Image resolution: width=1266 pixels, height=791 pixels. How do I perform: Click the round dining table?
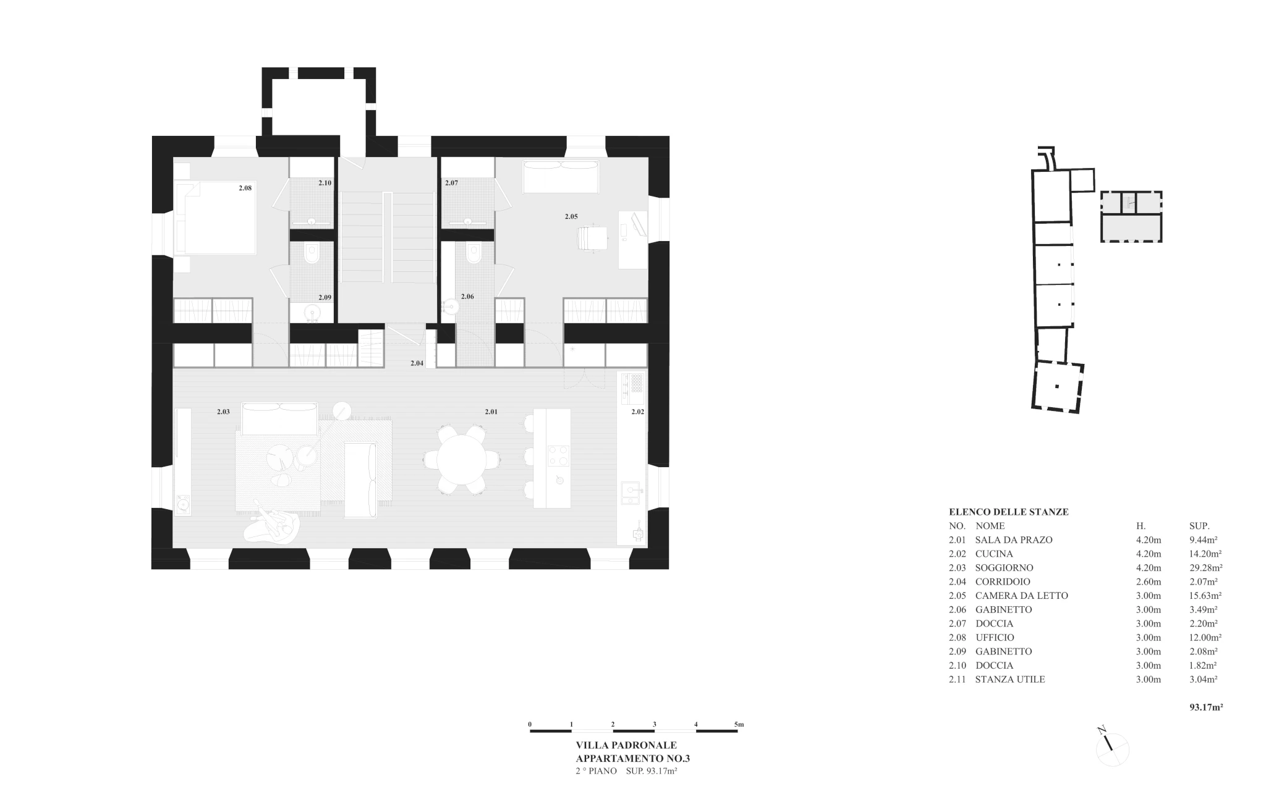point(462,460)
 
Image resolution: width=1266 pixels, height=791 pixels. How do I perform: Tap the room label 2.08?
point(245,188)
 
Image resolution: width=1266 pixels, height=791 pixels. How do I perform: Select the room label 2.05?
point(571,216)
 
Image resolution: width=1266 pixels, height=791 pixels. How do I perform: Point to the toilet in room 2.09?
point(312,252)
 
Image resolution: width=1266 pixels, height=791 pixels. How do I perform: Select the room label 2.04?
point(417,363)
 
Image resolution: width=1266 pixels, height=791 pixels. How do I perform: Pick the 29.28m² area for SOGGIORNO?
point(1206,567)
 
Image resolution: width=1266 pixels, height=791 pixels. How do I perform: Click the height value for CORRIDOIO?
point(1149,582)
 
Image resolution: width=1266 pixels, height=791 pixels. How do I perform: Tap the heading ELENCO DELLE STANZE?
point(1009,512)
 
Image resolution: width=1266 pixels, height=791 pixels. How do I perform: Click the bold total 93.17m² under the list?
point(1206,708)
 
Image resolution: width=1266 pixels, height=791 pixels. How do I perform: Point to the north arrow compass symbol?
point(1112,749)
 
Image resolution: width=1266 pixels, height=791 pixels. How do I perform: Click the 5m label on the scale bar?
point(739,724)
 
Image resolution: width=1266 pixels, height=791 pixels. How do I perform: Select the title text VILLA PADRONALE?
point(626,746)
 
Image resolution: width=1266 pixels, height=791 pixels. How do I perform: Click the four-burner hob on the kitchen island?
point(558,456)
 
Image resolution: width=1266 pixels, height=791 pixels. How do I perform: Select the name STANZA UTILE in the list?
point(1010,679)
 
